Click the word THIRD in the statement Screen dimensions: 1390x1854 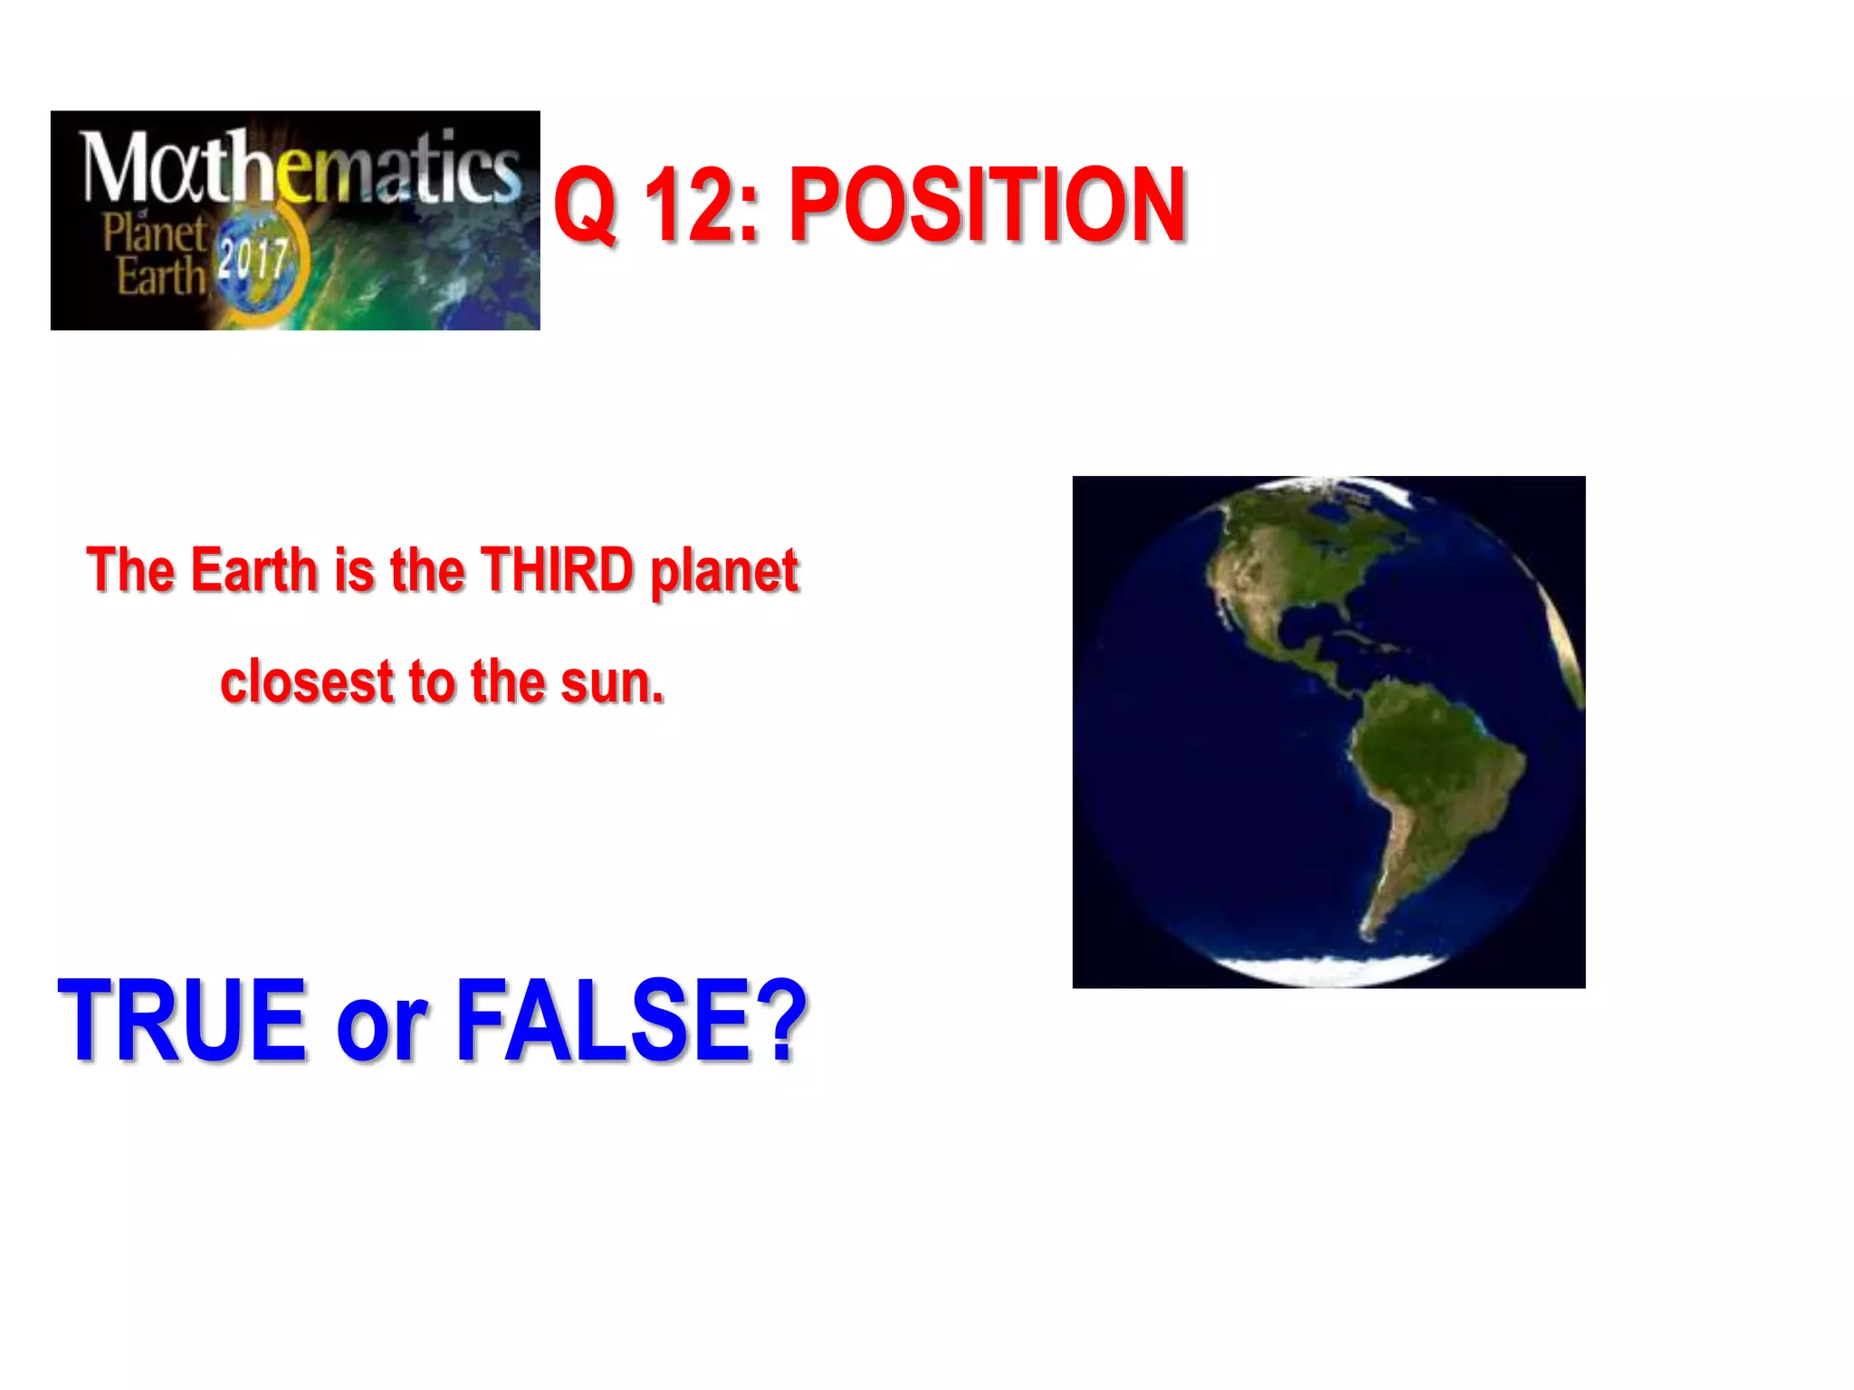pos(557,570)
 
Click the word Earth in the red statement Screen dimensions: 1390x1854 pos(254,570)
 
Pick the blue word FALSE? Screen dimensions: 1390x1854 pos(630,1020)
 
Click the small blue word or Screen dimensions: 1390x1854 pos(380,1027)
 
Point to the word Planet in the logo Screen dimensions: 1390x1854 pos(154,233)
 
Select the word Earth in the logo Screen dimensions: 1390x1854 pos(161,276)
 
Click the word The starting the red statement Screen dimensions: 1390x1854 pos(130,570)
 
